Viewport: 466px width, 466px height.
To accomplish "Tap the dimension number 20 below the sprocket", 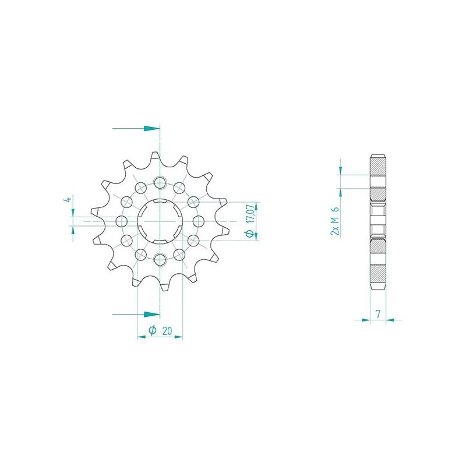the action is tap(167, 331).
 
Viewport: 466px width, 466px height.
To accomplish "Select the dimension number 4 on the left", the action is tap(68, 199).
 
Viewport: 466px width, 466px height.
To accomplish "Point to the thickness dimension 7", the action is tap(378, 314).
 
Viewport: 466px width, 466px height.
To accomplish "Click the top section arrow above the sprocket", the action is tap(136, 129).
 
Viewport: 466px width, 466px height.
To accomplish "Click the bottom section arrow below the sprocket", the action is tap(136, 314).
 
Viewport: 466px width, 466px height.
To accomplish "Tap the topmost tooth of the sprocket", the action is tap(156, 157).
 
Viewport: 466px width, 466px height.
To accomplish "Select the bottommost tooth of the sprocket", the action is tap(164, 286).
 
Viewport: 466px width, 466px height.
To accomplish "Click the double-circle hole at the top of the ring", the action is tap(160, 182).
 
